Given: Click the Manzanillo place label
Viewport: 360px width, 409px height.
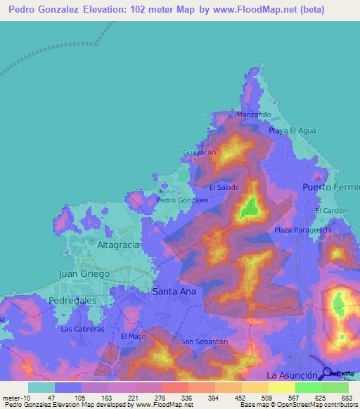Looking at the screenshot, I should (254, 114).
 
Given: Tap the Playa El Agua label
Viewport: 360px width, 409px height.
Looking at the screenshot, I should (292, 131).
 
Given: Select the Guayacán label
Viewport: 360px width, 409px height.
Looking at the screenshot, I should (198, 152).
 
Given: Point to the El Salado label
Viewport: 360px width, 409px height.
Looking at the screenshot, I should (224, 188).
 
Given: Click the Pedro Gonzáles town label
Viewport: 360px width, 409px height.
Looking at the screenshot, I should (182, 200).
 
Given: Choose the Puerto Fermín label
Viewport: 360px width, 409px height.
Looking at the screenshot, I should (330, 188).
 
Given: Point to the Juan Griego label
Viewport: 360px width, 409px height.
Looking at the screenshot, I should (84, 273).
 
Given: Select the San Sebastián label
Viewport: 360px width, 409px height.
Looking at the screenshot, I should (205, 342).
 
